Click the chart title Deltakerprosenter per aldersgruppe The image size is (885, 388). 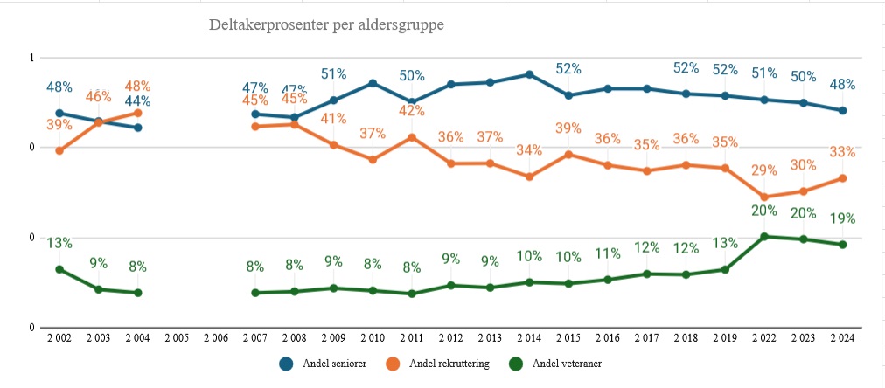click(326, 25)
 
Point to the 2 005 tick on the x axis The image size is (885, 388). click(177, 338)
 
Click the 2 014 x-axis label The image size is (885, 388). click(529, 338)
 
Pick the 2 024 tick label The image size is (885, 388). click(842, 338)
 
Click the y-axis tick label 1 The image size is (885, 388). click(31, 58)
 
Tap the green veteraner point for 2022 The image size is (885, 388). click(764, 236)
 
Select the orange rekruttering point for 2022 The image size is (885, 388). click(764, 197)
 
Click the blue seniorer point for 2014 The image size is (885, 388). click(529, 74)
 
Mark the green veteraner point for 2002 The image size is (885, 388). click(59, 269)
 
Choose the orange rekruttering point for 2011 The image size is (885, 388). click(412, 137)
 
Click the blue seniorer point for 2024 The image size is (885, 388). click(842, 111)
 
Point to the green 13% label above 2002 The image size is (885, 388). click(59, 243)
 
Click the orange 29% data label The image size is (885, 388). click(764, 170)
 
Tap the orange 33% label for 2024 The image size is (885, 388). click(842, 152)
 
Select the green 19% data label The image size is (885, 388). click(842, 218)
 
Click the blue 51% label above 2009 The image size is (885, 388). click(333, 74)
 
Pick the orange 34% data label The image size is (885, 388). click(529, 149)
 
